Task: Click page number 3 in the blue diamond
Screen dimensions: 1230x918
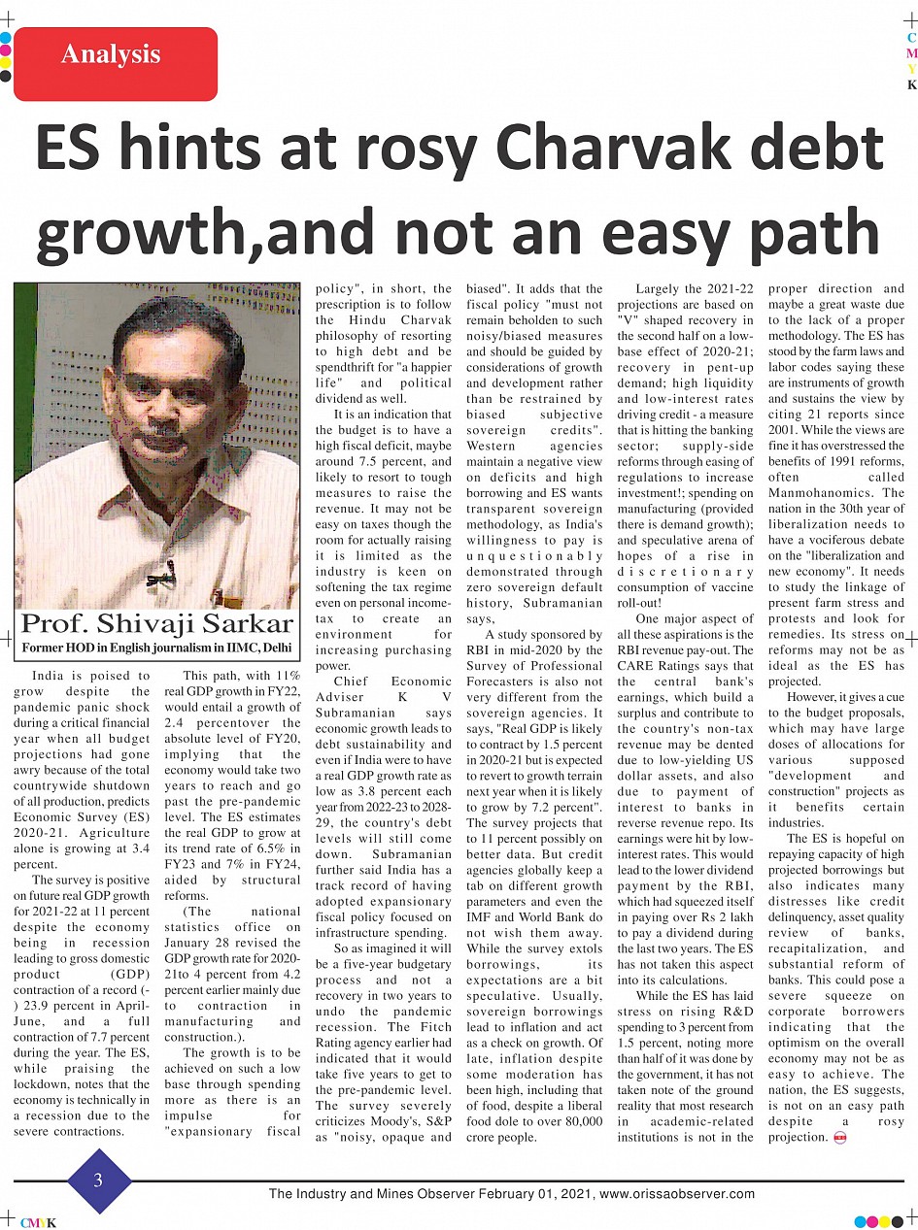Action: click(97, 1180)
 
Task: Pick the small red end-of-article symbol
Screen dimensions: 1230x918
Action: click(840, 1138)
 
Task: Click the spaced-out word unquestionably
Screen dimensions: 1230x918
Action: click(534, 555)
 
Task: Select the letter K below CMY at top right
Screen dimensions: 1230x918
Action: click(911, 84)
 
